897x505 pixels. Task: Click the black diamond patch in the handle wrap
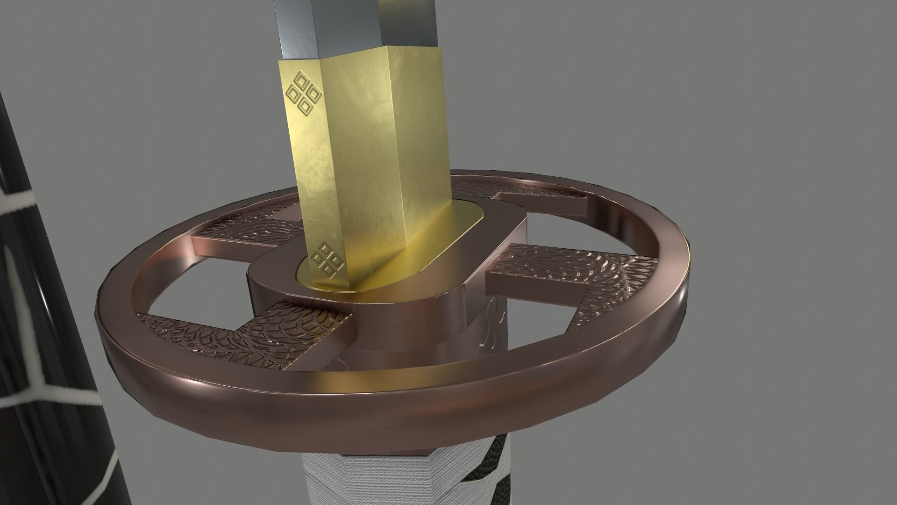pos(486,482)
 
